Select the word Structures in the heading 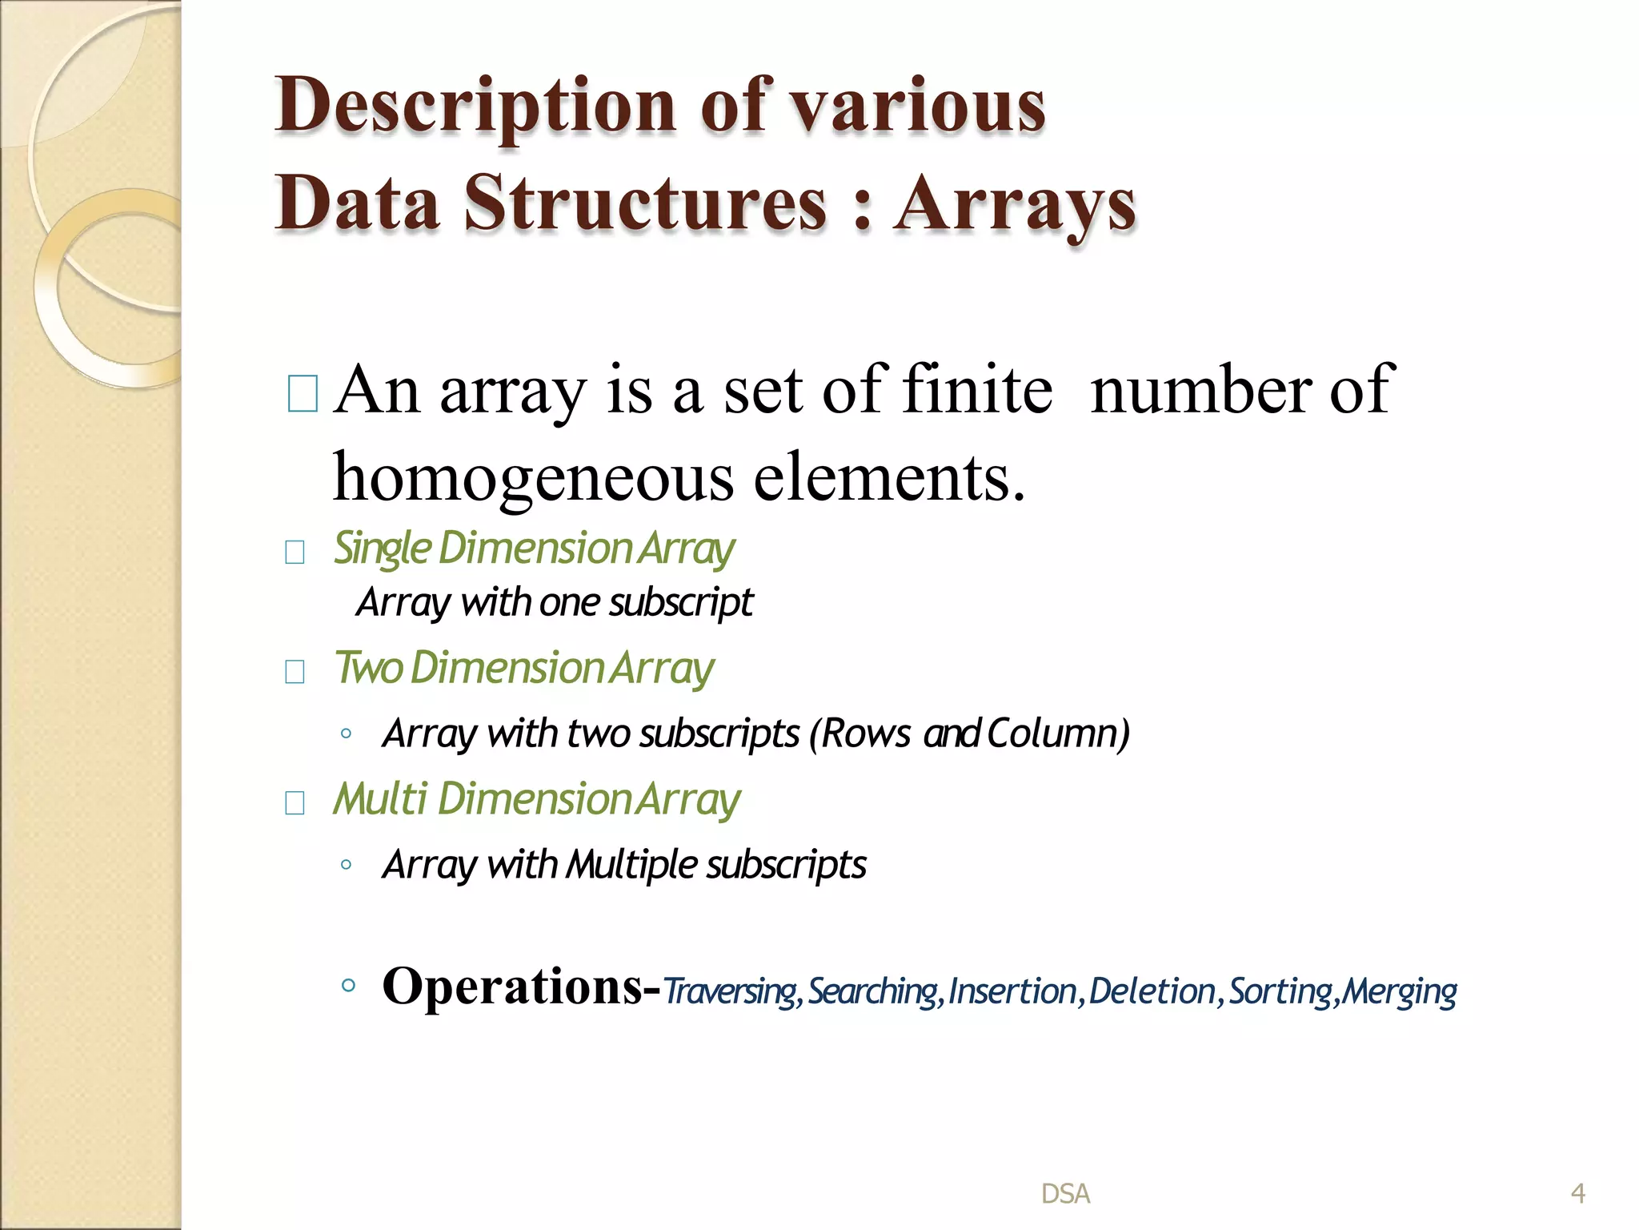[645, 203]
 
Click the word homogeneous [533, 477]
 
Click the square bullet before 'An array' [303, 393]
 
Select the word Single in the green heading [383, 549]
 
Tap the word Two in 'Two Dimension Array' [368, 668]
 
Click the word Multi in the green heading [380, 799]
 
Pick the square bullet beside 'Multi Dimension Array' [295, 802]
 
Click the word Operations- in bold [521, 986]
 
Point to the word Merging [1400, 991]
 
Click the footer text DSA [1065, 1194]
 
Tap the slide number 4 [1577, 1194]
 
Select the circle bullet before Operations [347, 986]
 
